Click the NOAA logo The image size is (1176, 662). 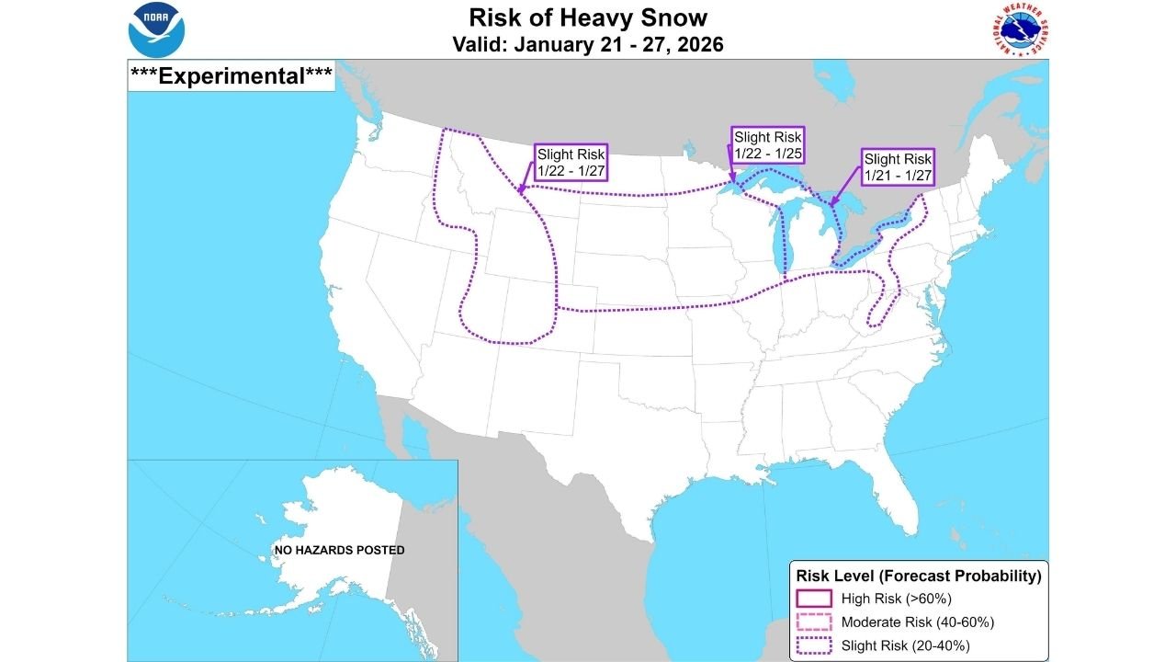[x=157, y=29]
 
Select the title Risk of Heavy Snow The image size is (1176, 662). [x=587, y=17]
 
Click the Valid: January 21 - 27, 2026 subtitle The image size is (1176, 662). [x=587, y=44]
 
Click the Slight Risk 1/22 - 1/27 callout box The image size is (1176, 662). [x=571, y=163]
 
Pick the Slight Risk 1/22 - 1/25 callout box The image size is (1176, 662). [x=767, y=145]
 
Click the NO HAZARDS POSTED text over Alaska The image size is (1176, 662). [x=339, y=551]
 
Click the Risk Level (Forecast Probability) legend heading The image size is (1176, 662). [x=918, y=576]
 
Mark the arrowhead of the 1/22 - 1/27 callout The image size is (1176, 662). [x=519, y=193]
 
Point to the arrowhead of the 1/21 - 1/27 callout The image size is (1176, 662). [x=831, y=205]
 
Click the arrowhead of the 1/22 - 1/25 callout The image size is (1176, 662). [x=730, y=183]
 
